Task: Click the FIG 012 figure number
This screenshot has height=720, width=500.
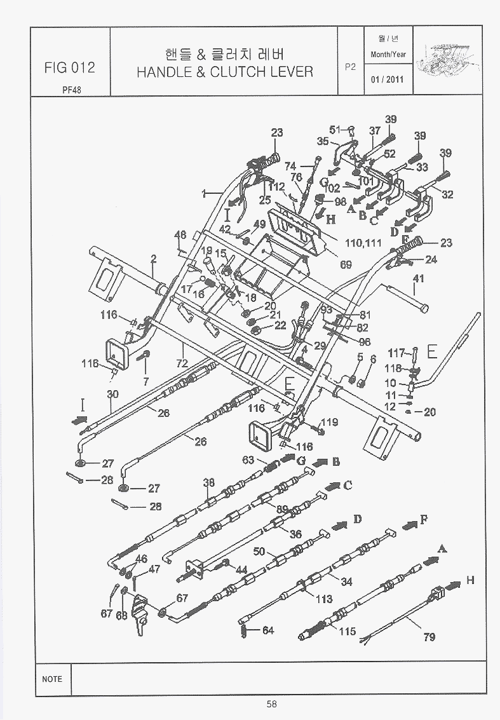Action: pyautogui.click(x=70, y=67)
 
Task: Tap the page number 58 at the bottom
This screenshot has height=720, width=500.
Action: pyautogui.click(x=271, y=703)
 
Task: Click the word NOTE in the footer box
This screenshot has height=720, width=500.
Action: pyautogui.click(x=52, y=679)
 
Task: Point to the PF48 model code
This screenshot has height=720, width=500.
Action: pyautogui.click(x=71, y=90)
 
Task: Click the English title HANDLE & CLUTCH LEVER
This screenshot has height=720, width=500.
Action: pyautogui.click(x=225, y=71)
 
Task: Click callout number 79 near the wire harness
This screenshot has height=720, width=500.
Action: pyautogui.click(x=429, y=637)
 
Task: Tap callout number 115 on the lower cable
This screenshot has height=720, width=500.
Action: pyautogui.click(x=347, y=632)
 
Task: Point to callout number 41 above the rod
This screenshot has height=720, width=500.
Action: pyautogui.click(x=418, y=279)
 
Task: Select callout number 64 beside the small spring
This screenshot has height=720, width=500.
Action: pyautogui.click(x=267, y=630)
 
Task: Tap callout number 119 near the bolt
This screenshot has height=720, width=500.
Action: pyautogui.click(x=329, y=422)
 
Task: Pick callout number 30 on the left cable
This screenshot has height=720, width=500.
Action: pyautogui.click(x=112, y=394)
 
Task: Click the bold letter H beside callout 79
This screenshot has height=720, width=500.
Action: pyautogui.click(x=470, y=580)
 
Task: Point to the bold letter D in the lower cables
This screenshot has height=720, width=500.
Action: pyautogui.click(x=358, y=520)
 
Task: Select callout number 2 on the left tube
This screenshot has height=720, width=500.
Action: pyautogui.click(x=153, y=259)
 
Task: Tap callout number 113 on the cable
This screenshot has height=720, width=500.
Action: pyautogui.click(x=324, y=599)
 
